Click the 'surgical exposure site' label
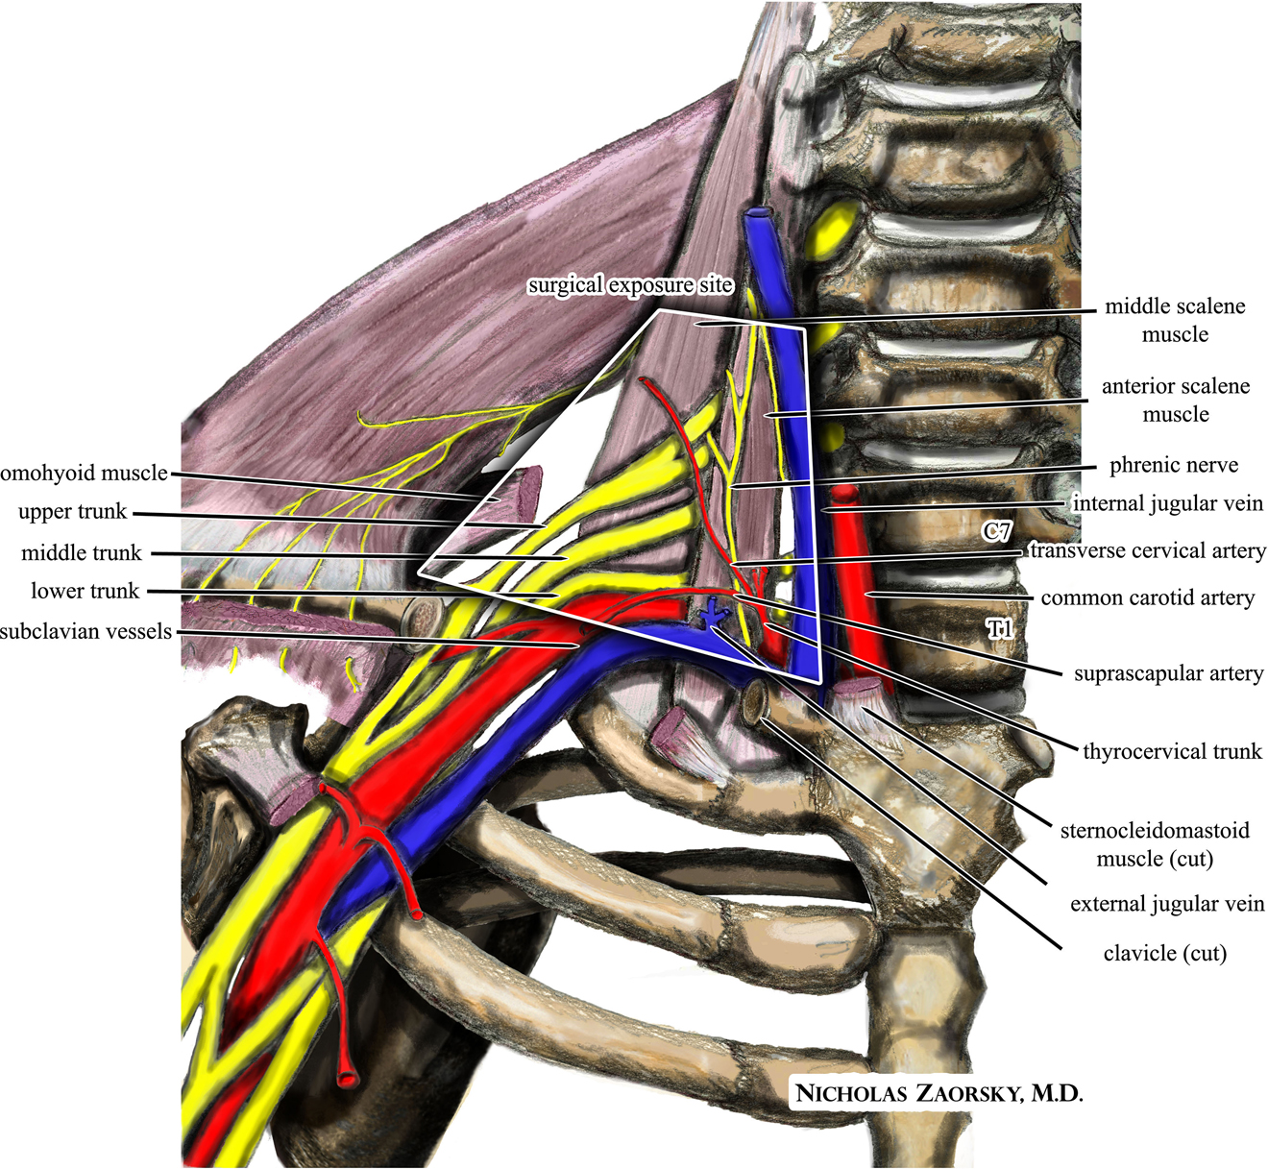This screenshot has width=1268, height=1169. (630, 285)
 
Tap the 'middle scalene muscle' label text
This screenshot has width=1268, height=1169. (1174, 320)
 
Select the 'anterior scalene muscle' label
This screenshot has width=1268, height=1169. (1175, 400)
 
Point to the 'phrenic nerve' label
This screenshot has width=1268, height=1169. (1173, 466)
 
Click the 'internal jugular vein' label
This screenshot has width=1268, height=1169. (1167, 504)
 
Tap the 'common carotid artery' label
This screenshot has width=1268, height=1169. (1147, 598)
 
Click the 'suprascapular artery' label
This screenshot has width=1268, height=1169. (1168, 674)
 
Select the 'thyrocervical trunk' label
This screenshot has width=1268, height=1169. (1172, 752)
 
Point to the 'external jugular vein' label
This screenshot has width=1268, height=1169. (1167, 905)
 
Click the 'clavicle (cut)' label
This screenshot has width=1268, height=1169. (1165, 954)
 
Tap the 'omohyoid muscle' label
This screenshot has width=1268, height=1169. (84, 474)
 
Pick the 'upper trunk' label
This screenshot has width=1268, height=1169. (72, 512)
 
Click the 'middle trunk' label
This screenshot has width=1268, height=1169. (82, 553)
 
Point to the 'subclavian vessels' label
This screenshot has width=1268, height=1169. (85, 632)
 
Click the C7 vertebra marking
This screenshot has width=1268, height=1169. (996, 530)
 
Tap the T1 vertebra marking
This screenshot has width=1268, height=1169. (1000, 629)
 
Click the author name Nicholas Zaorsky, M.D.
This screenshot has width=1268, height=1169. (939, 1093)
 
